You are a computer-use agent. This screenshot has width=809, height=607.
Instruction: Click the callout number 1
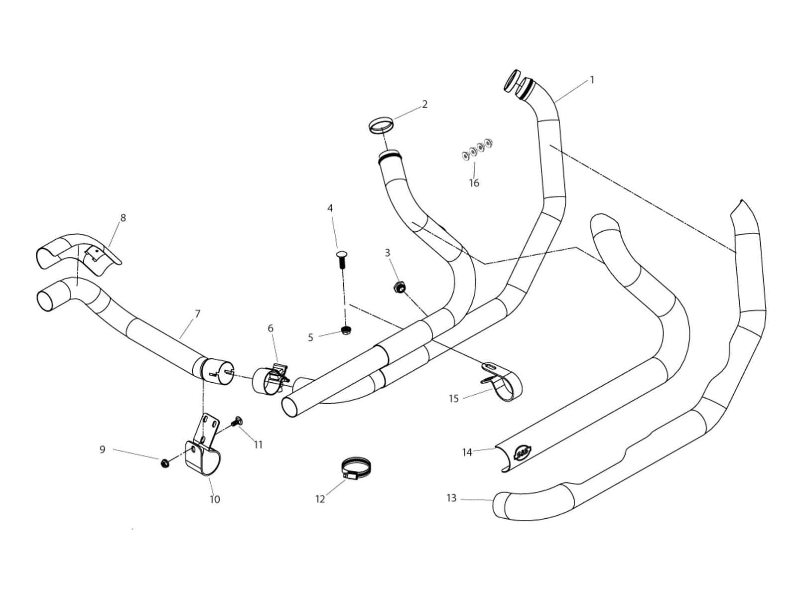[x=592, y=80]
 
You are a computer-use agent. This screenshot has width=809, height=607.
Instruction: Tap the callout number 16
[x=474, y=183]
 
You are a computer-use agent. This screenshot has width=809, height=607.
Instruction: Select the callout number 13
[x=451, y=498]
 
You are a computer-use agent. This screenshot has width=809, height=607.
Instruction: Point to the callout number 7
[x=198, y=314]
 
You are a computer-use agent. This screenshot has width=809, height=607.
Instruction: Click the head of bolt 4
[x=341, y=256]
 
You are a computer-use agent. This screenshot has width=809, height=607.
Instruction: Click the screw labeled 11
[x=237, y=422]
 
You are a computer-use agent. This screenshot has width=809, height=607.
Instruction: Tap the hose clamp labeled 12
[x=357, y=469]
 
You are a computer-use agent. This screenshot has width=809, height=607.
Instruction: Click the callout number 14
[x=467, y=453]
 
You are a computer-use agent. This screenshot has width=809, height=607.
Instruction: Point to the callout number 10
[x=215, y=499]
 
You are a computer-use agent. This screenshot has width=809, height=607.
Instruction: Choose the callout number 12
[x=320, y=499]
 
